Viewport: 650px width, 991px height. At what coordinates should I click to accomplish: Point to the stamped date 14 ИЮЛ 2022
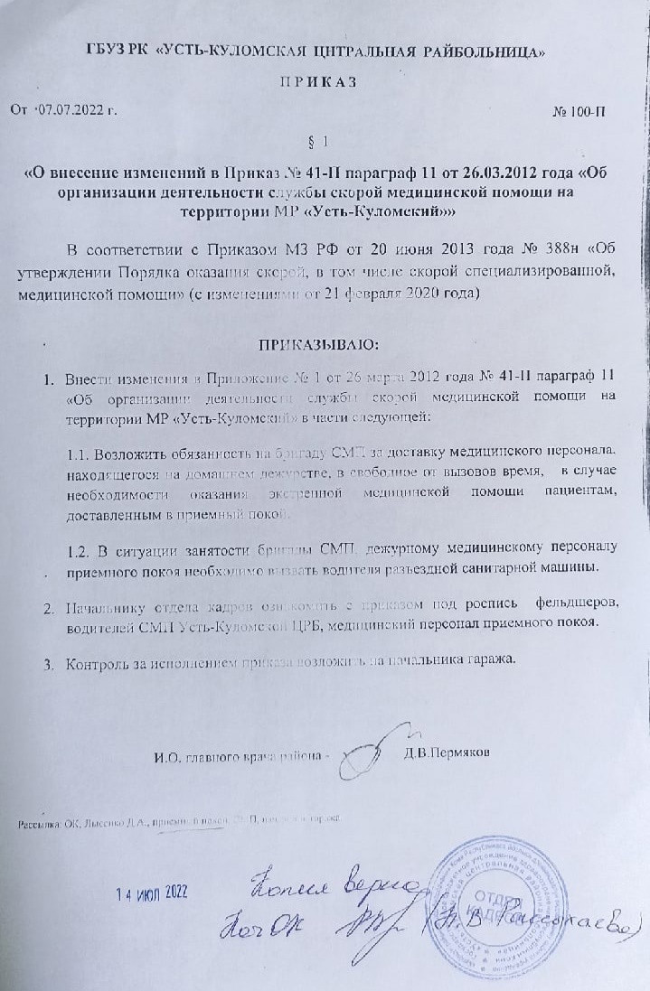click(151, 893)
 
